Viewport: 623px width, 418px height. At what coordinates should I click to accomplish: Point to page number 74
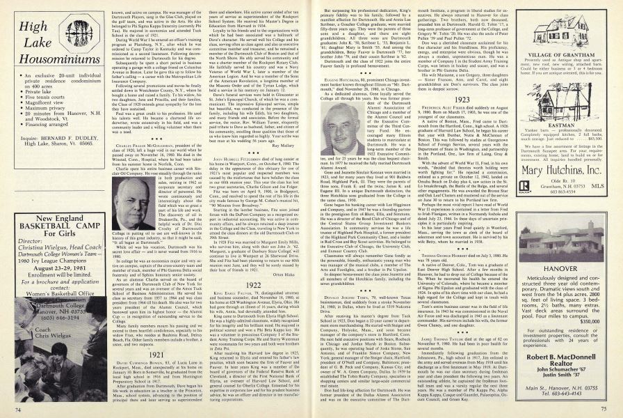coord(8,409)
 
